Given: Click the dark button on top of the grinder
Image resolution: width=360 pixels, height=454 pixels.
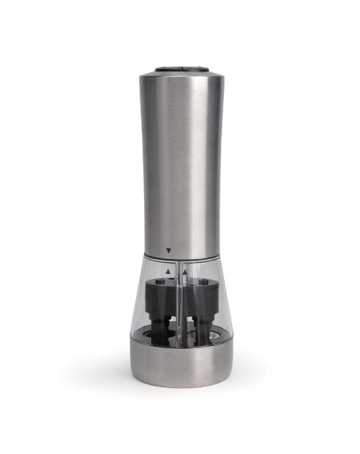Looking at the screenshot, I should point(179,67).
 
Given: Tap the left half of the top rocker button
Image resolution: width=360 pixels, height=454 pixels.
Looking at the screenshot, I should point(169,67).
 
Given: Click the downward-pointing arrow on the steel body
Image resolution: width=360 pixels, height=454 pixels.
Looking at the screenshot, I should point(169,251).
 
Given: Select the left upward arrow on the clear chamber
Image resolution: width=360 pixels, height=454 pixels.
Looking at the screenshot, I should point(169,271).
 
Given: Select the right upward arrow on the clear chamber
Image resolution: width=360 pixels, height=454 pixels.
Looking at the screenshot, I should point(185,271).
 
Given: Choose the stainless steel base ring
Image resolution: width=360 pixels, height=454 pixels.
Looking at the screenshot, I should point(179,364).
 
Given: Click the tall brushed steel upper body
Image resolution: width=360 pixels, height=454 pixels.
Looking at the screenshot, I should point(179,162).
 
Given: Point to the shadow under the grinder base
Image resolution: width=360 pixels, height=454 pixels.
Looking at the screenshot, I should point(179,388).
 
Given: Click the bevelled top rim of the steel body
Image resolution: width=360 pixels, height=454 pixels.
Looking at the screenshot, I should point(179,74).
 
